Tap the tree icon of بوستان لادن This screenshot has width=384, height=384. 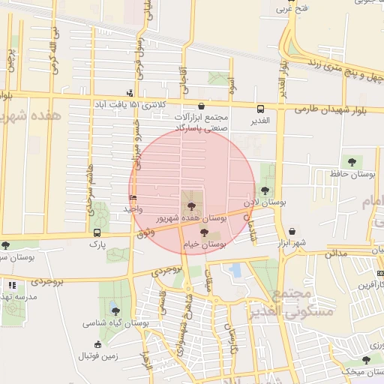click(265, 191)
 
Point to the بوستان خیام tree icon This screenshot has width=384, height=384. click(205, 232)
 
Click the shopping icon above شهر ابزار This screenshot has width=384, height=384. click(292, 232)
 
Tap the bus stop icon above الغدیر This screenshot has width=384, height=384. click(260, 109)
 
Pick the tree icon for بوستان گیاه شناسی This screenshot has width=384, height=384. click(115, 310)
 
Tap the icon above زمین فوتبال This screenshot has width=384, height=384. click(98, 344)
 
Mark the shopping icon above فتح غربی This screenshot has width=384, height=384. click(292, 10)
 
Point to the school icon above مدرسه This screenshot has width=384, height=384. click(12, 285)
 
